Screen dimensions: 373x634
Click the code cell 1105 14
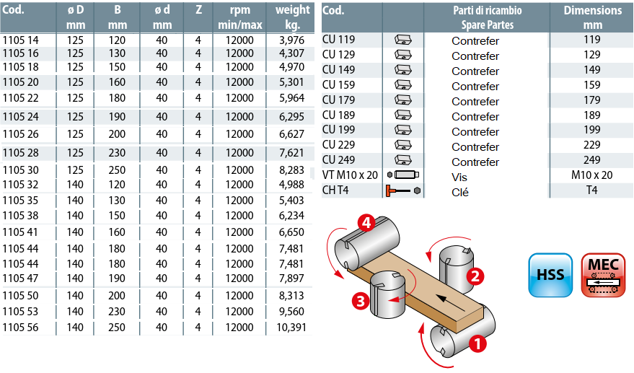click(21, 40)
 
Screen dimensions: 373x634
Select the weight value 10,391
click(292, 328)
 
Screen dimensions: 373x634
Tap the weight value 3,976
click(292, 40)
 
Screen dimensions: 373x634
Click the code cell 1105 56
click(21, 328)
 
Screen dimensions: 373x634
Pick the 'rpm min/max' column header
click(240, 18)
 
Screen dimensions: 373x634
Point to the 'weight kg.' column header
click(292, 18)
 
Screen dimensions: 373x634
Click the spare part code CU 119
click(339, 40)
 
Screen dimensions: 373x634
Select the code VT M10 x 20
click(350, 175)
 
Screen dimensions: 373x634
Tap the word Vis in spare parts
click(460, 177)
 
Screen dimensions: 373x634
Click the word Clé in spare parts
click(460, 192)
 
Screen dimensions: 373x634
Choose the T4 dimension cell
click(592, 190)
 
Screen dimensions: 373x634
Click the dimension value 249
click(592, 160)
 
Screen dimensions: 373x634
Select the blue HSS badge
click(550, 275)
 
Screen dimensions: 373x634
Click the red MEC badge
click(603, 275)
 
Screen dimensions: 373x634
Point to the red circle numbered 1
click(477, 344)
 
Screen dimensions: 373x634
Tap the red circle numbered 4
click(366, 224)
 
